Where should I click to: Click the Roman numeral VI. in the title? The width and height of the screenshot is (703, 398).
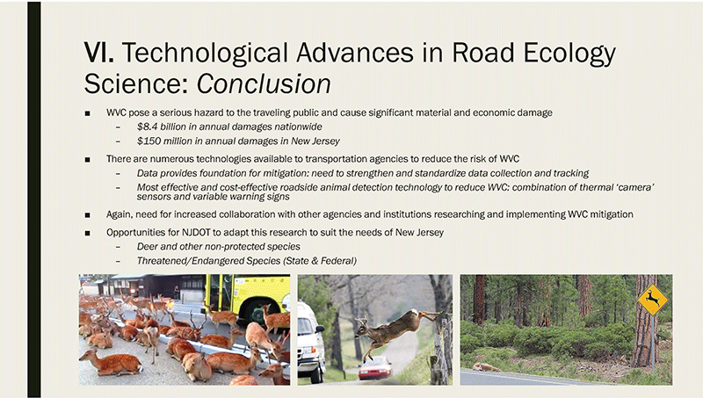point(99,53)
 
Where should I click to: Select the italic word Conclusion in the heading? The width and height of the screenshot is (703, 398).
point(264,83)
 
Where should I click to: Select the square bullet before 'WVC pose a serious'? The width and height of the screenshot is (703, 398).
point(87,114)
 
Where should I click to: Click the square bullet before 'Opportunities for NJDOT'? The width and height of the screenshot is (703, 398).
point(87,233)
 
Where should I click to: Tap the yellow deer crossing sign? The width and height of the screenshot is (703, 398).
point(652,299)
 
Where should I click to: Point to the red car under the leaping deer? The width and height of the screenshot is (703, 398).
point(375,367)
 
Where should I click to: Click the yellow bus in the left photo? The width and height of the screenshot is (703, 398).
point(247,297)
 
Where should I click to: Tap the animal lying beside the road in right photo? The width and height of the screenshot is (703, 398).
point(486,367)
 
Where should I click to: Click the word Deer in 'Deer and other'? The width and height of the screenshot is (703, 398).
point(148,247)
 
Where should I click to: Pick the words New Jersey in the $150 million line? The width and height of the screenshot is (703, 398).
point(315,141)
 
